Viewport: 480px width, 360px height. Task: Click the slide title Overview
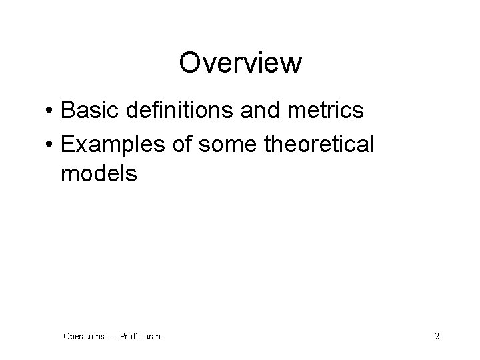240,63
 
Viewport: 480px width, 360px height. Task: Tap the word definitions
171,110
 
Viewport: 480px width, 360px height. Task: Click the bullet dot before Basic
51,111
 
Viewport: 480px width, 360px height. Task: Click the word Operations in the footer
83,337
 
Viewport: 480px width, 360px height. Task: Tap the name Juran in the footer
150,337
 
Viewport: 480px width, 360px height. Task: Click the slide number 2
437,337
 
